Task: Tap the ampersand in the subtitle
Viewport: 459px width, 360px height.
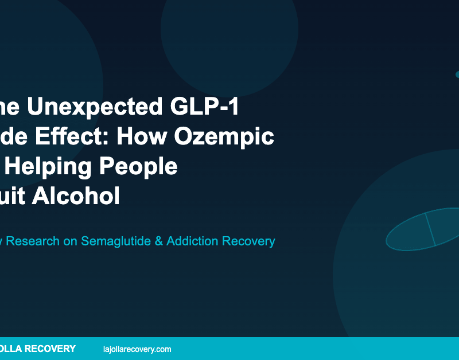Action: (159, 241)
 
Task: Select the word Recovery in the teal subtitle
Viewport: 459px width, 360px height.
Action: (250, 241)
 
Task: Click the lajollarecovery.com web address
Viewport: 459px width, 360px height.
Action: (137, 349)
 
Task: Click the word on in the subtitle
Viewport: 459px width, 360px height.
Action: (71, 241)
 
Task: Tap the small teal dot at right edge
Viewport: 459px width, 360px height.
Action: (457, 75)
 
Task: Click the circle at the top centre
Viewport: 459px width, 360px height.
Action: (229, 29)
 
